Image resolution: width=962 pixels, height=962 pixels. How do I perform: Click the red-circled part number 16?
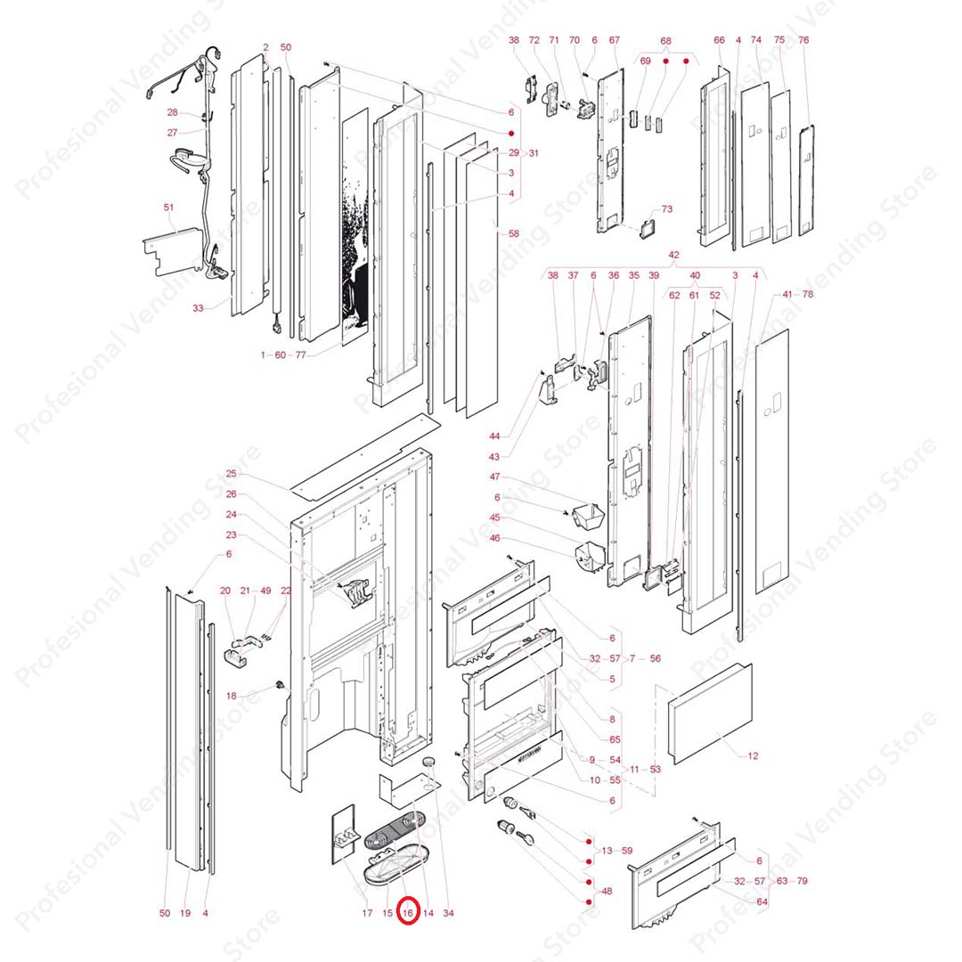coord(409,913)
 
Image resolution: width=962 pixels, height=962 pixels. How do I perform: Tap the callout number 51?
coord(169,208)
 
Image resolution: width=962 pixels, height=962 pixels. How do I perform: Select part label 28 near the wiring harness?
coord(173,112)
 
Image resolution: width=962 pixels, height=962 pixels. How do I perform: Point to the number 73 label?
coord(667,209)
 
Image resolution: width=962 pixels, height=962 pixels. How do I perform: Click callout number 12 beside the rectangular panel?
coord(753,756)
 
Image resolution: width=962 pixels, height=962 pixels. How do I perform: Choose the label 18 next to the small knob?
coord(232,696)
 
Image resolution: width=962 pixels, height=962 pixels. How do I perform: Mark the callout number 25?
coord(232,474)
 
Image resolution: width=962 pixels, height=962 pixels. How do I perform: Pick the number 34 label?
coord(448,913)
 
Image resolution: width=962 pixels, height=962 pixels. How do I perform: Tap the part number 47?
coord(495,477)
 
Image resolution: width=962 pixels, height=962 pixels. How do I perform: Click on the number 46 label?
coord(495,538)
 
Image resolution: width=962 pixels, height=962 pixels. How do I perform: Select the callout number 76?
coord(803,40)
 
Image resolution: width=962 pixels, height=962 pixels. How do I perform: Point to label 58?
coord(513,233)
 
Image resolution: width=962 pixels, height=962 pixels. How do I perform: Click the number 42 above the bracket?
coord(673,255)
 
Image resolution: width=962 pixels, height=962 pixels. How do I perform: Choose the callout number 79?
coord(803,881)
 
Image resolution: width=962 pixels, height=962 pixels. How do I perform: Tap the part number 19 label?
coord(185,913)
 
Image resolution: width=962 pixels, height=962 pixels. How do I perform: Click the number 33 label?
coord(198,308)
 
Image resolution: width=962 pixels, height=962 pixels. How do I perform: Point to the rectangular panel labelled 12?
coord(710,713)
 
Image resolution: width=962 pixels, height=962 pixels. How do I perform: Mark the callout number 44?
coord(495,436)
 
